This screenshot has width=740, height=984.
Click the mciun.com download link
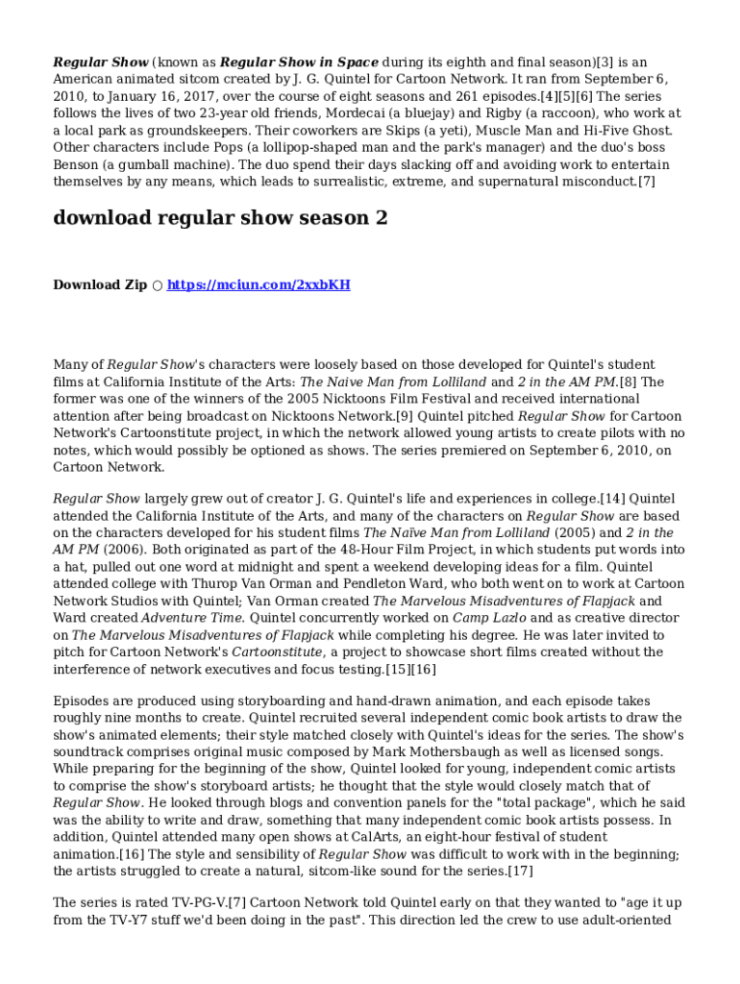259,285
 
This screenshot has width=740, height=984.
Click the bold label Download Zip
100,285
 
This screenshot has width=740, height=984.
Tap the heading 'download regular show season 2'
220,218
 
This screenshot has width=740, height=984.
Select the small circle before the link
158,286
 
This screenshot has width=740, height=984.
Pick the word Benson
78,165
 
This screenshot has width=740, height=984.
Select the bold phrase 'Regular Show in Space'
299,62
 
